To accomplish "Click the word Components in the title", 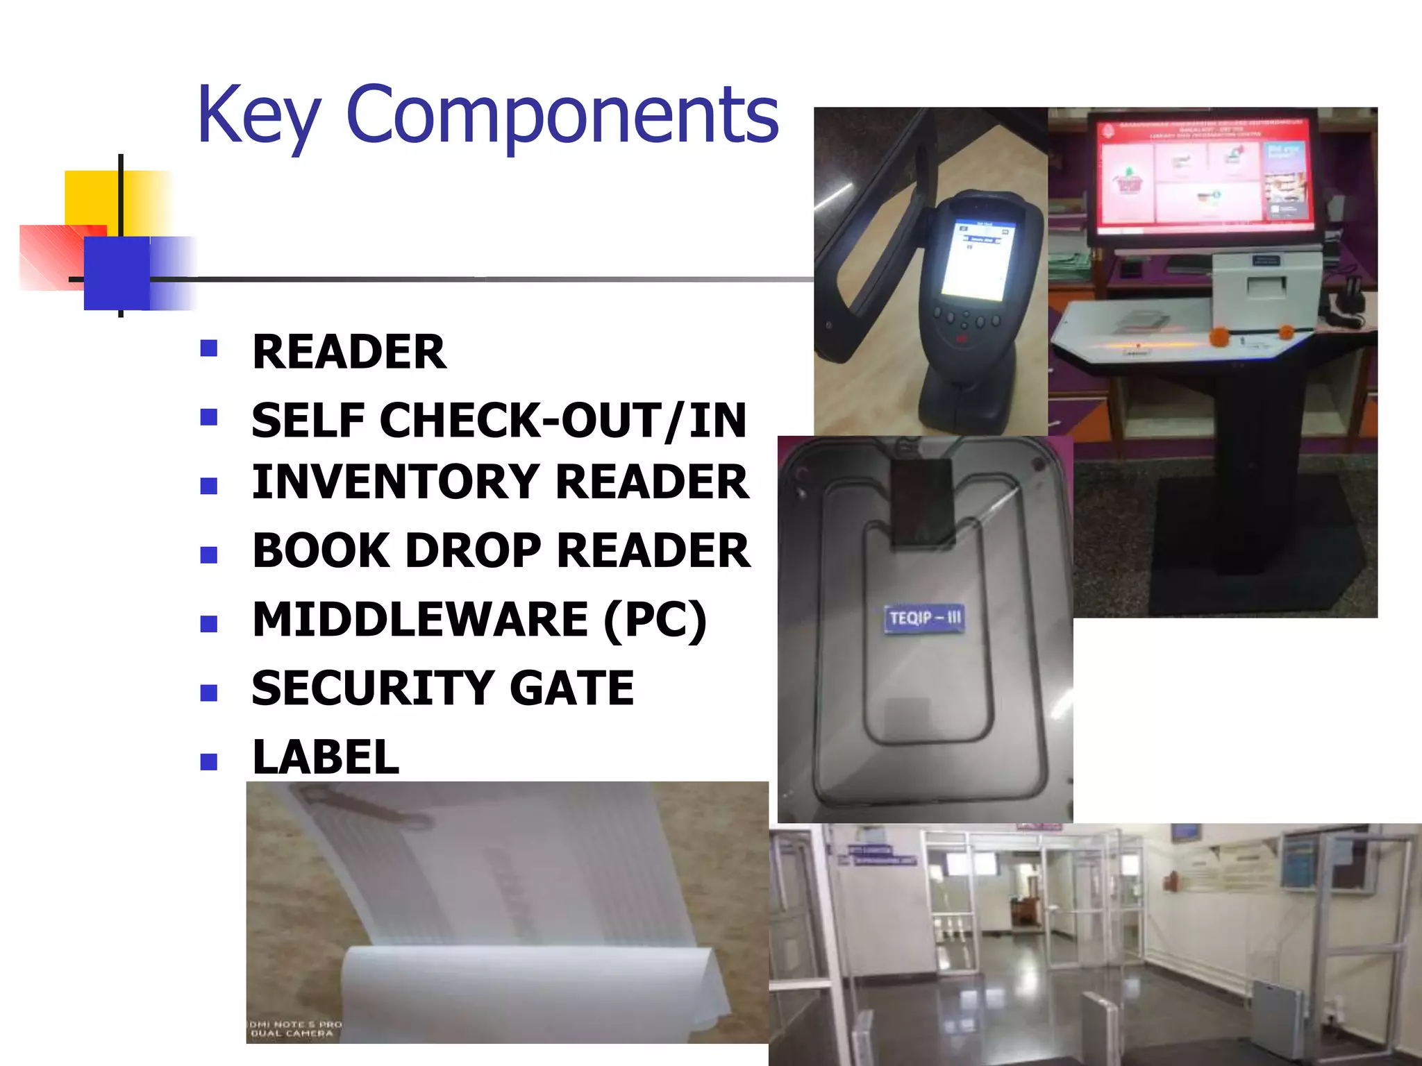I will [x=562, y=115].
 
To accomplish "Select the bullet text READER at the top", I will [x=349, y=352].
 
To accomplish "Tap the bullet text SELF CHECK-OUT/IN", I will [x=499, y=421].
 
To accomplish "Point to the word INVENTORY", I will [x=395, y=482].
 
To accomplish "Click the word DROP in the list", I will [x=472, y=551].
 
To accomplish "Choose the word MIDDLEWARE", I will [x=420, y=619].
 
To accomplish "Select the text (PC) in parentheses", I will [x=655, y=620].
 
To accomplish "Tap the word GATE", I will [x=571, y=688].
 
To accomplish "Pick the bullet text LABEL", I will [x=326, y=757].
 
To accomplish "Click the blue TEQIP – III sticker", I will [x=924, y=618].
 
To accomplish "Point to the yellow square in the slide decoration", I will [x=90, y=197].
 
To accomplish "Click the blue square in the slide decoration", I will [x=117, y=273].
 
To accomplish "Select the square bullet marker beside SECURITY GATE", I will [x=208, y=693].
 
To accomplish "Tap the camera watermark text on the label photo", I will [x=294, y=1029].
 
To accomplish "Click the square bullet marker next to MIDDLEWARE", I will [x=208, y=623].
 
